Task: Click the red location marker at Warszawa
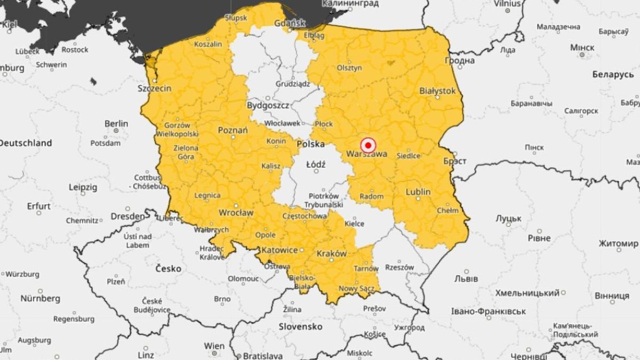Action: point(368,145)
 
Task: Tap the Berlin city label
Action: point(116,124)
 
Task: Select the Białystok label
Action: point(437,91)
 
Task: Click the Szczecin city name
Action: point(155,89)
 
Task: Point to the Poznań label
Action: point(233,131)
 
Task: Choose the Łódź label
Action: point(316,165)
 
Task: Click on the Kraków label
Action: point(332,254)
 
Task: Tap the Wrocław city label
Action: point(236,213)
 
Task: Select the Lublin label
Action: point(418,191)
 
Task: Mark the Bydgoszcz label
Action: point(268,106)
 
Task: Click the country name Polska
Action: point(310,144)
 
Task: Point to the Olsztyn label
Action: point(349,68)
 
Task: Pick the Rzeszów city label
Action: point(399,267)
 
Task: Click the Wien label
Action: point(214,346)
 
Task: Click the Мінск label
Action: point(582,47)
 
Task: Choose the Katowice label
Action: point(279,250)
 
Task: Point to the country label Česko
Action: point(168,268)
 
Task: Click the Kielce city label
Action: point(355,224)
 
